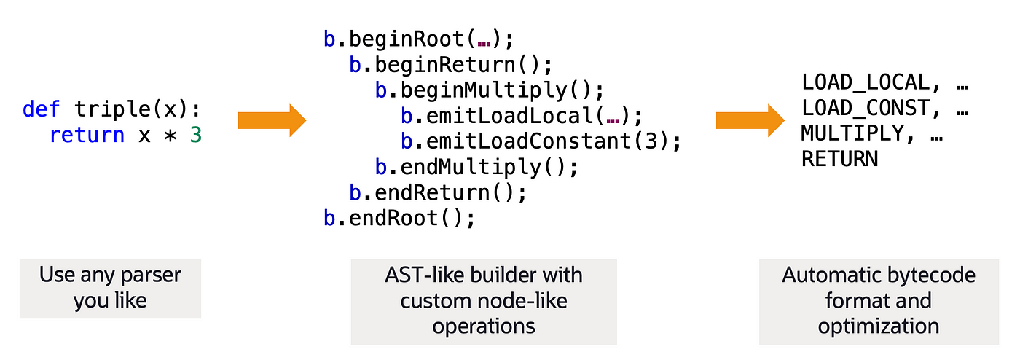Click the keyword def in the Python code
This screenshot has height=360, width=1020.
coord(42,109)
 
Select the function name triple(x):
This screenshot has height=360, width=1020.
coord(137,110)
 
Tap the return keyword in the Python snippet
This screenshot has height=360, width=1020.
coord(87,135)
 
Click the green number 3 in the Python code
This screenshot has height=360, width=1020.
coord(195,135)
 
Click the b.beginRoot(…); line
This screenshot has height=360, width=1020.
coord(419,38)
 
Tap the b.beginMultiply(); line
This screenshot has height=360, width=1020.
coord(490,90)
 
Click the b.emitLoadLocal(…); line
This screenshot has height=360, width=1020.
coord(522,116)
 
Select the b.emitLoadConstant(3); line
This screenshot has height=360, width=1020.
coord(541,141)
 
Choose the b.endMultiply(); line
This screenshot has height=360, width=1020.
coord(476,167)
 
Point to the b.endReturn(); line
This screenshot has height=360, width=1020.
coord(438,192)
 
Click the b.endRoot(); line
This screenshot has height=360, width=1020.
coord(399,218)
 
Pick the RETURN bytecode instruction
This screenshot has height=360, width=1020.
coord(839,159)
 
